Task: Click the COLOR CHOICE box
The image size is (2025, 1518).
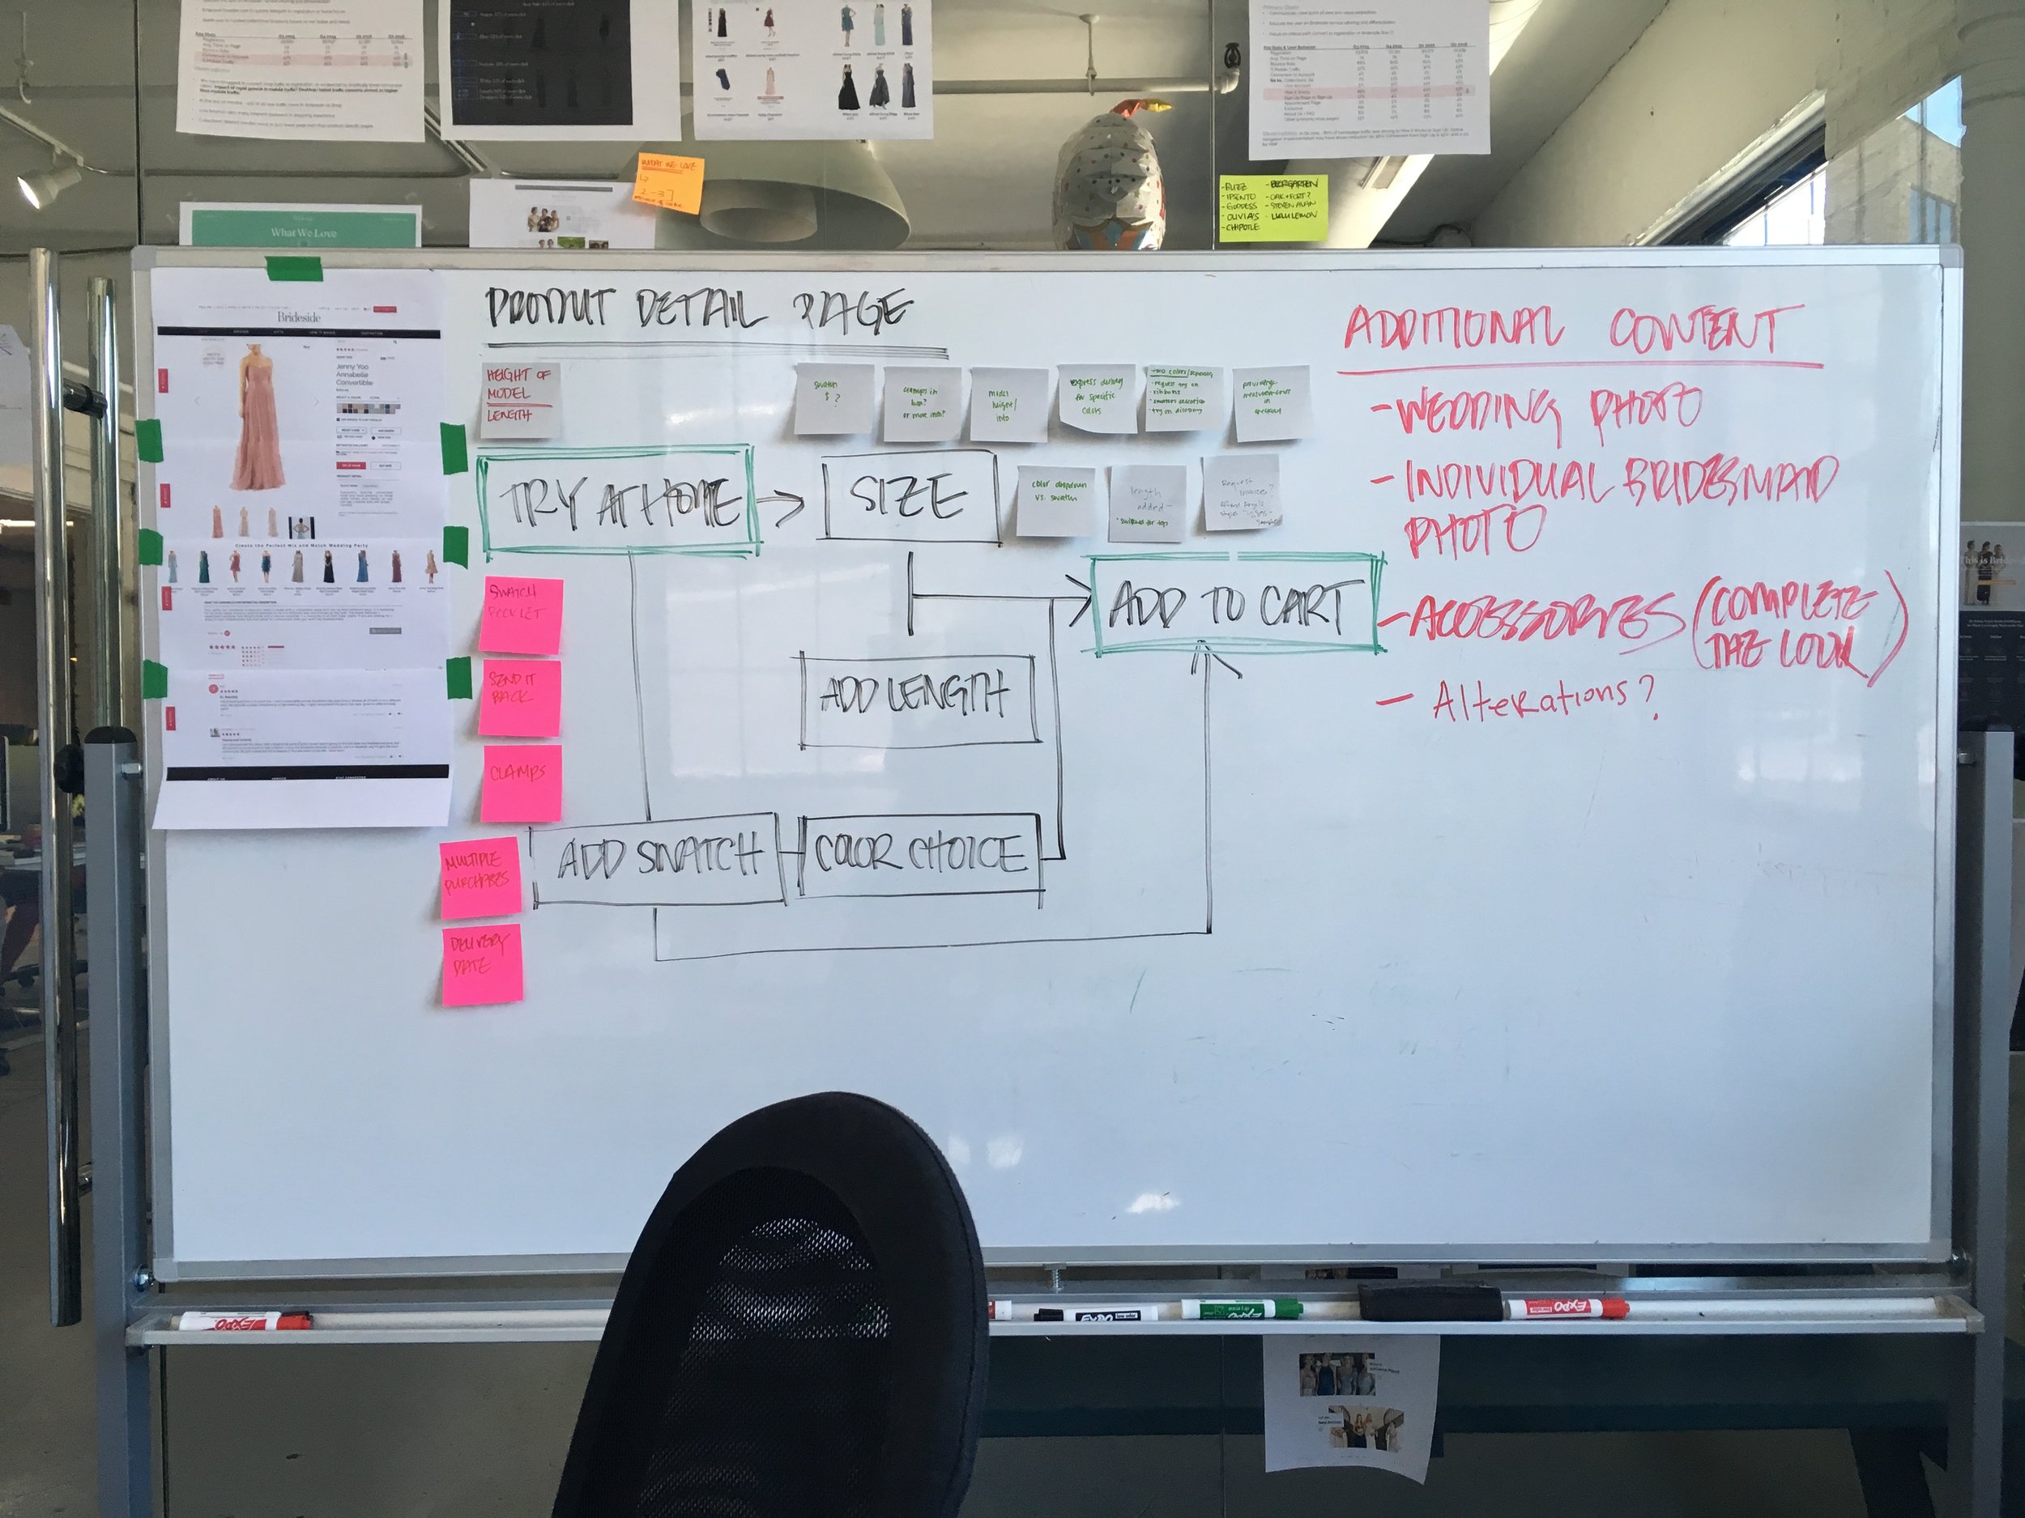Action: (919, 855)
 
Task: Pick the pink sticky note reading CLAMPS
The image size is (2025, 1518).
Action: (520, 775)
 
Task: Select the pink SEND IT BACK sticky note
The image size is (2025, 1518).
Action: (519, 695)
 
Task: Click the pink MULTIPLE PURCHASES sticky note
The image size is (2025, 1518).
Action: (480, 877)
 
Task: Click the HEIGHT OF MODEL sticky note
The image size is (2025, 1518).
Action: (519, 400)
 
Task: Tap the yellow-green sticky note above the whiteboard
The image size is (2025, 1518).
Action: (1273, 209)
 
